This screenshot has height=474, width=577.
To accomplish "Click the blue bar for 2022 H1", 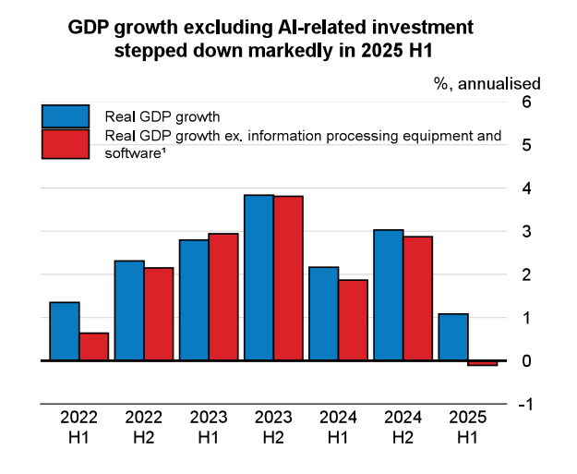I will tap(65, 331).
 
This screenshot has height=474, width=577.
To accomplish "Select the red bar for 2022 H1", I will tap(94, 346).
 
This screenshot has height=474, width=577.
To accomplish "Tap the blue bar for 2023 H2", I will tap(258, 277).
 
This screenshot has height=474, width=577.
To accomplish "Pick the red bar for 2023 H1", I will tap(223, 297).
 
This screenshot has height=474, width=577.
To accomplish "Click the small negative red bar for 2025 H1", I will tap(482, 363).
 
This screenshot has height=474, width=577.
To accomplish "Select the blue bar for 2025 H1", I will tap(453, 337).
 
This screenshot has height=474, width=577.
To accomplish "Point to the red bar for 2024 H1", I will tap(353, 320).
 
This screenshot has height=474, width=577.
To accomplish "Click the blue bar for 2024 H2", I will tap(389, 295).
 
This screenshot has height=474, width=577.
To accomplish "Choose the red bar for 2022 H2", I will tap(159, 313).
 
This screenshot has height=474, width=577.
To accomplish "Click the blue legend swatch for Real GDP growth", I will tap(65, 116).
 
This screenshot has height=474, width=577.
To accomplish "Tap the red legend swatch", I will tap(65, 144).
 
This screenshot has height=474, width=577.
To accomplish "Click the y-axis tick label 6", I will tap(526, 102).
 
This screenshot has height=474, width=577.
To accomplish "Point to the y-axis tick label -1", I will tap(523, 405).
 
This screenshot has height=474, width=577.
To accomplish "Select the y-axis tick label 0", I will tap(526, 361).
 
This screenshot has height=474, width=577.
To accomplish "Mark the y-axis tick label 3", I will tap(526, 232).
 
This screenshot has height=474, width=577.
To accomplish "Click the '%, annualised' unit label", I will tap(487, 83).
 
